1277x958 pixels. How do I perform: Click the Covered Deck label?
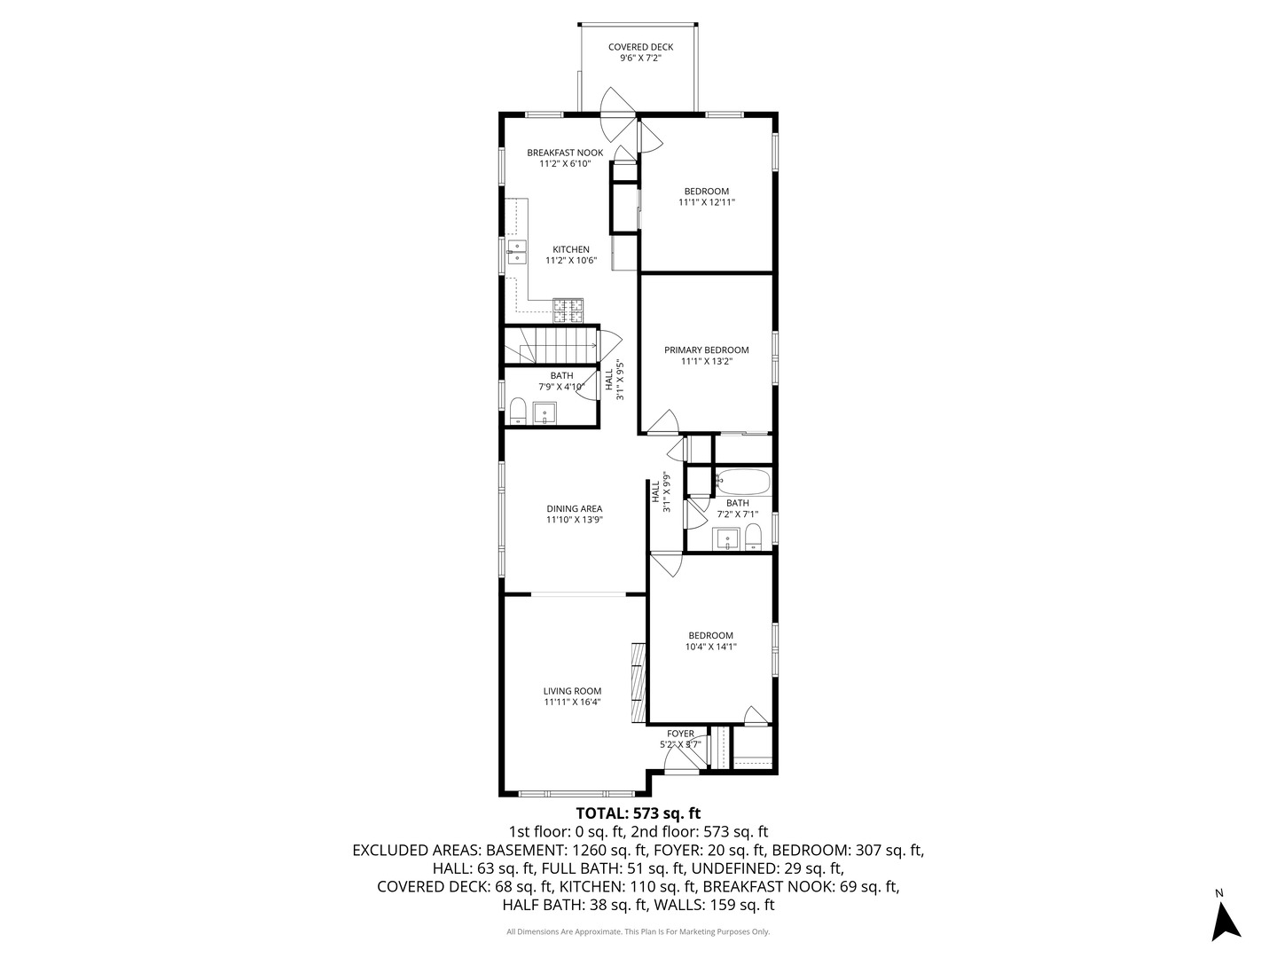coord(640,47)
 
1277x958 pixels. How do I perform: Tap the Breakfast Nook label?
coord(565,153)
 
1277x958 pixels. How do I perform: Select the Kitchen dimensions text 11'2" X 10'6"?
coord(571,261)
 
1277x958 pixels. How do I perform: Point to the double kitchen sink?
coord(109,253)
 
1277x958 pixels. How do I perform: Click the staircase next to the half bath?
coord(551,346)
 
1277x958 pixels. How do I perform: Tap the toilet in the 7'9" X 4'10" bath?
coord(518,412)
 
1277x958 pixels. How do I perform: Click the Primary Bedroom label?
coord(706,350)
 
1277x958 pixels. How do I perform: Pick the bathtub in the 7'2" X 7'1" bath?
coord(742,483)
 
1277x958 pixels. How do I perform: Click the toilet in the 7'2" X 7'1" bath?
coord(754,537)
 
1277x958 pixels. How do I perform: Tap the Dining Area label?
coord(575,509)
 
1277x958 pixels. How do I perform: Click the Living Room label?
coord(573,692)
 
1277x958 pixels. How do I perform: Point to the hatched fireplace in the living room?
coord(638,683)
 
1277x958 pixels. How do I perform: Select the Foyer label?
coord(680,734)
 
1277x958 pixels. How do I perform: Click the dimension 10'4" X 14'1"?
coord(711,647)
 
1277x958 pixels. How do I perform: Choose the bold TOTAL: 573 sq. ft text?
coord(638,813)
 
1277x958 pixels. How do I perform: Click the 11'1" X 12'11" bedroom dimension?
coord(707,202)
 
